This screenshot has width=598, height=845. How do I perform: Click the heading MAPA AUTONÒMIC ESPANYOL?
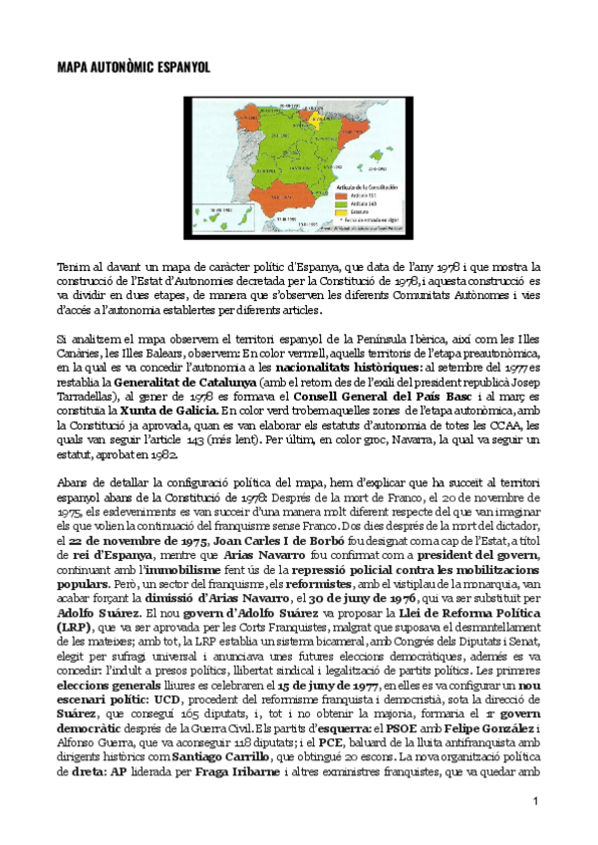click(x=132, y=67)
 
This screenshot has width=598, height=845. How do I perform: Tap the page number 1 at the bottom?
click(x=535, y=802)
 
